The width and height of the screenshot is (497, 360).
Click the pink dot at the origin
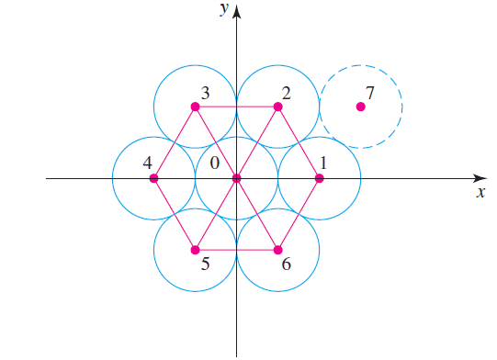coord(236,178)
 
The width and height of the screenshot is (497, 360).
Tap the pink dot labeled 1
coord(319,178)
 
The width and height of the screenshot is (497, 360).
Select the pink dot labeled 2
coord(277,107)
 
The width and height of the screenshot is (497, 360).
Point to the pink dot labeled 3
coord(195,107)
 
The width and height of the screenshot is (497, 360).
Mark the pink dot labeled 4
coord(153,178)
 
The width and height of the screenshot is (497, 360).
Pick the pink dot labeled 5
coord(195,250)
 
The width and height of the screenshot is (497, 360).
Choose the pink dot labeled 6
coord(277,250)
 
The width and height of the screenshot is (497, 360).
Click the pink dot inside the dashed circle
coord(360,107)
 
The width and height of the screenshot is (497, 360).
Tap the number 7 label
coord(369,93)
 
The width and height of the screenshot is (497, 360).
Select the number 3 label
coord(205,93)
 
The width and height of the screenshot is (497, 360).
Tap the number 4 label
coord(147,163)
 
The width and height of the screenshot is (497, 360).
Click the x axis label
coord(480,193)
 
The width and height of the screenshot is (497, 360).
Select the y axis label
coord(222,9)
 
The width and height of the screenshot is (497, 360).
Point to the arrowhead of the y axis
coord(236,12)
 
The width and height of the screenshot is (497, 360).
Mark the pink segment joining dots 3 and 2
coord(236,107)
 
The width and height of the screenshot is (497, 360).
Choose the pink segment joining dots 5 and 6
coord(236,250)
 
